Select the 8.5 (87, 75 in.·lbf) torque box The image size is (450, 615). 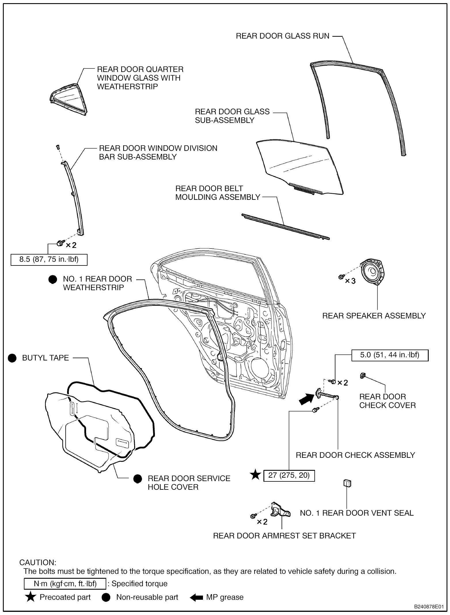click(x=49, y=259)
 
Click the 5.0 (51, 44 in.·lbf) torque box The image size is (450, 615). click(x=390, y=355)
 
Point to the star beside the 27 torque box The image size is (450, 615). click(x=255, y=475)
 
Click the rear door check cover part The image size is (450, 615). click(x=362, y=375)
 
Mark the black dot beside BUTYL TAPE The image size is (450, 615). click(x=12, y=358)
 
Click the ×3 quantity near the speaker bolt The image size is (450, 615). click(x=350, y=281)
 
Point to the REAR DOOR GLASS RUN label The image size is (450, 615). click(x=282, y=36)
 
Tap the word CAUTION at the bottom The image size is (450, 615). click(x=38, y=562)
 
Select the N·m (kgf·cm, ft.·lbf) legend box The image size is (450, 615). click(x=65, y=584)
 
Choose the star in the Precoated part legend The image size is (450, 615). click(x=31, y=597)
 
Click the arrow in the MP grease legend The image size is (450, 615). click(x=197, y=597)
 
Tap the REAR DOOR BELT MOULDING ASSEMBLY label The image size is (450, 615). click(x=218, y=193)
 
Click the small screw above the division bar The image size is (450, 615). click(x=58, y=147)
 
